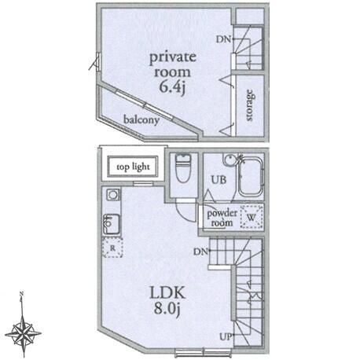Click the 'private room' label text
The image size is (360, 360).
pos(173,64)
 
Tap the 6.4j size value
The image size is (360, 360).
pos(173,87)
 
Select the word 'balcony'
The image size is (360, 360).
pos(141,119)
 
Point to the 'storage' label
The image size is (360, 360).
pos(250,105)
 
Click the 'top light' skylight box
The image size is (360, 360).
pos(133,167)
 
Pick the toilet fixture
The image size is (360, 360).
pos(183,168)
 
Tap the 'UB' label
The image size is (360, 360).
pos(219,180)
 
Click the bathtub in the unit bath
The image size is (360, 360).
pos(250,176)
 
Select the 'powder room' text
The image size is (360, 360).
pos(222,218)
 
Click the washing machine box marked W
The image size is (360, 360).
pos(252,217)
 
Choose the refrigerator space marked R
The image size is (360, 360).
pos(112,248)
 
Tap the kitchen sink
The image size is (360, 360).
pos(112,224)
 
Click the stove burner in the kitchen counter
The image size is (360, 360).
pos(113,195)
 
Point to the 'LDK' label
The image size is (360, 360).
pos(167,293)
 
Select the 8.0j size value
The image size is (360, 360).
pos(167,309)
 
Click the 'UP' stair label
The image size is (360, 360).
pos(226,337)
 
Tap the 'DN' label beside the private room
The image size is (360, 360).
pos(223,39)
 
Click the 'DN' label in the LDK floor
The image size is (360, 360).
pos(200,252)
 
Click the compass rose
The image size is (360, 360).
pos(23,333)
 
